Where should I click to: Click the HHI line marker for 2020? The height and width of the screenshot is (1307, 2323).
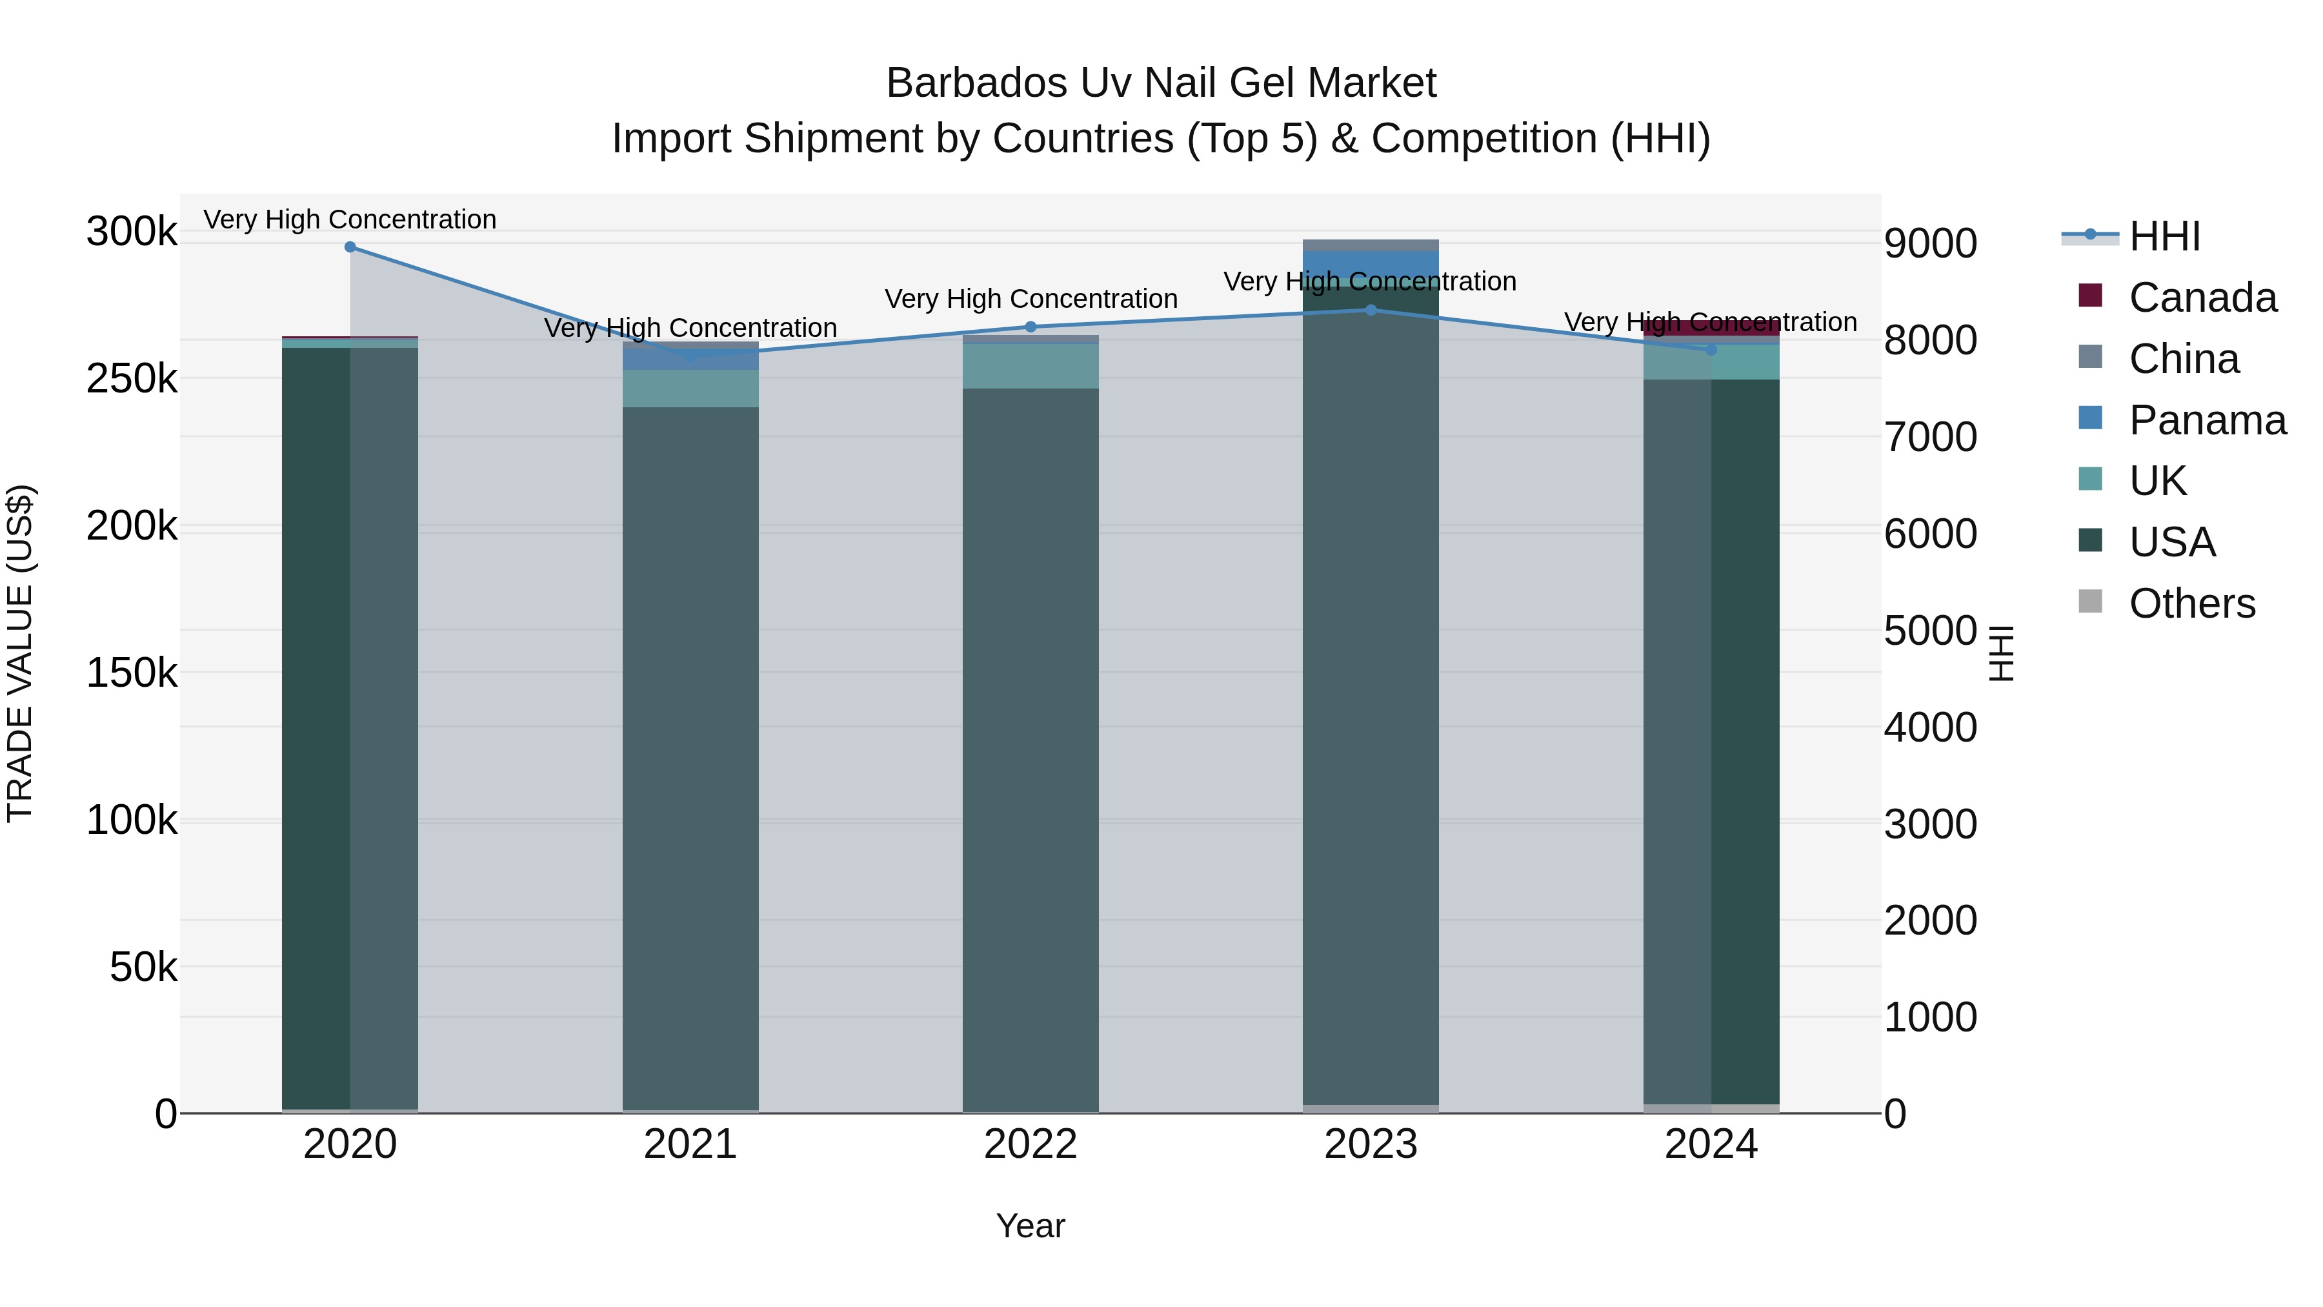pos(350,247)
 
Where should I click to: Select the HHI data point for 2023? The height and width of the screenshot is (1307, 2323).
pos(1371,309)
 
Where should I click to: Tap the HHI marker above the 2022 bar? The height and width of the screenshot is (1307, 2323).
pos(1031,327)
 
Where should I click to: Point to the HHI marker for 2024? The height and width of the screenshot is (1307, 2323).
pos(1711,349)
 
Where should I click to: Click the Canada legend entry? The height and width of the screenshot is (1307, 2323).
pos(2201,298)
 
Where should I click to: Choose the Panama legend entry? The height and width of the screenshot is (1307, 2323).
pos(2207,420)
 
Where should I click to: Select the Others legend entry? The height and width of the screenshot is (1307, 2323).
pos(2191,603)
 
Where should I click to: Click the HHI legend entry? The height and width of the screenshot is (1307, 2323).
pos(2164,236)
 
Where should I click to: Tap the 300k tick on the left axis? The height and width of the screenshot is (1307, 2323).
pos(132,232)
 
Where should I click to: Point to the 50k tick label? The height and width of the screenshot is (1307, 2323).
pos(143,968)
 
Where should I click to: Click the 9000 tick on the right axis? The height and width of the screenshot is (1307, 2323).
pos(1930,243)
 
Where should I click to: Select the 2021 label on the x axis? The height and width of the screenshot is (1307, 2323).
pos(690,1144)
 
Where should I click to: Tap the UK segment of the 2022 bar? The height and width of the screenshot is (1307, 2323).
pos(1031,366)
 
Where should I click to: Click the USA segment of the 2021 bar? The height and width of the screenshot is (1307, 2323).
pos(690,758)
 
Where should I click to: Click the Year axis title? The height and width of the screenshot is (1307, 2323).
pos(1030,1226)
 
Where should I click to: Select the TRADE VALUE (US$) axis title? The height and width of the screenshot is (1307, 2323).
pos(20,653)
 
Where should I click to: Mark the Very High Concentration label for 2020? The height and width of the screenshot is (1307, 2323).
pos(350,219)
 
